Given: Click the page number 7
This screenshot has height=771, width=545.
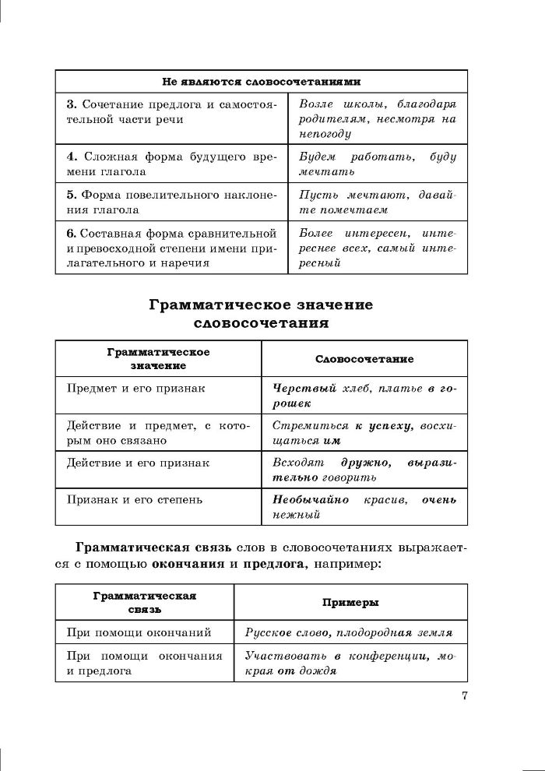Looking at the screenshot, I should click(x=464, y=695).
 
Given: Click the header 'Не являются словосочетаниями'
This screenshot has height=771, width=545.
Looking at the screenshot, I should click(x=261, y=81).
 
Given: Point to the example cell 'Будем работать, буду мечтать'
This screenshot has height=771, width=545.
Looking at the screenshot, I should click(x=378, y=164).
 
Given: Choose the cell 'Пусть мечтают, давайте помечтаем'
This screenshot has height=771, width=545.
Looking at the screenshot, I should click(x=378, y=202).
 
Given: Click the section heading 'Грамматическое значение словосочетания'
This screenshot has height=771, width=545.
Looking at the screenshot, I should click(x=261, y=312).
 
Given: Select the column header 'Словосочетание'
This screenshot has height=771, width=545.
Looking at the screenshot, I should click(x=364, y=359).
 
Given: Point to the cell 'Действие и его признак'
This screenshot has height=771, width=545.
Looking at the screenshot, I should click(x=139, y=463).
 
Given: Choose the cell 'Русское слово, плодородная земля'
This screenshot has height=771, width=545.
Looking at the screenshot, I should click(x=349, y=633).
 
